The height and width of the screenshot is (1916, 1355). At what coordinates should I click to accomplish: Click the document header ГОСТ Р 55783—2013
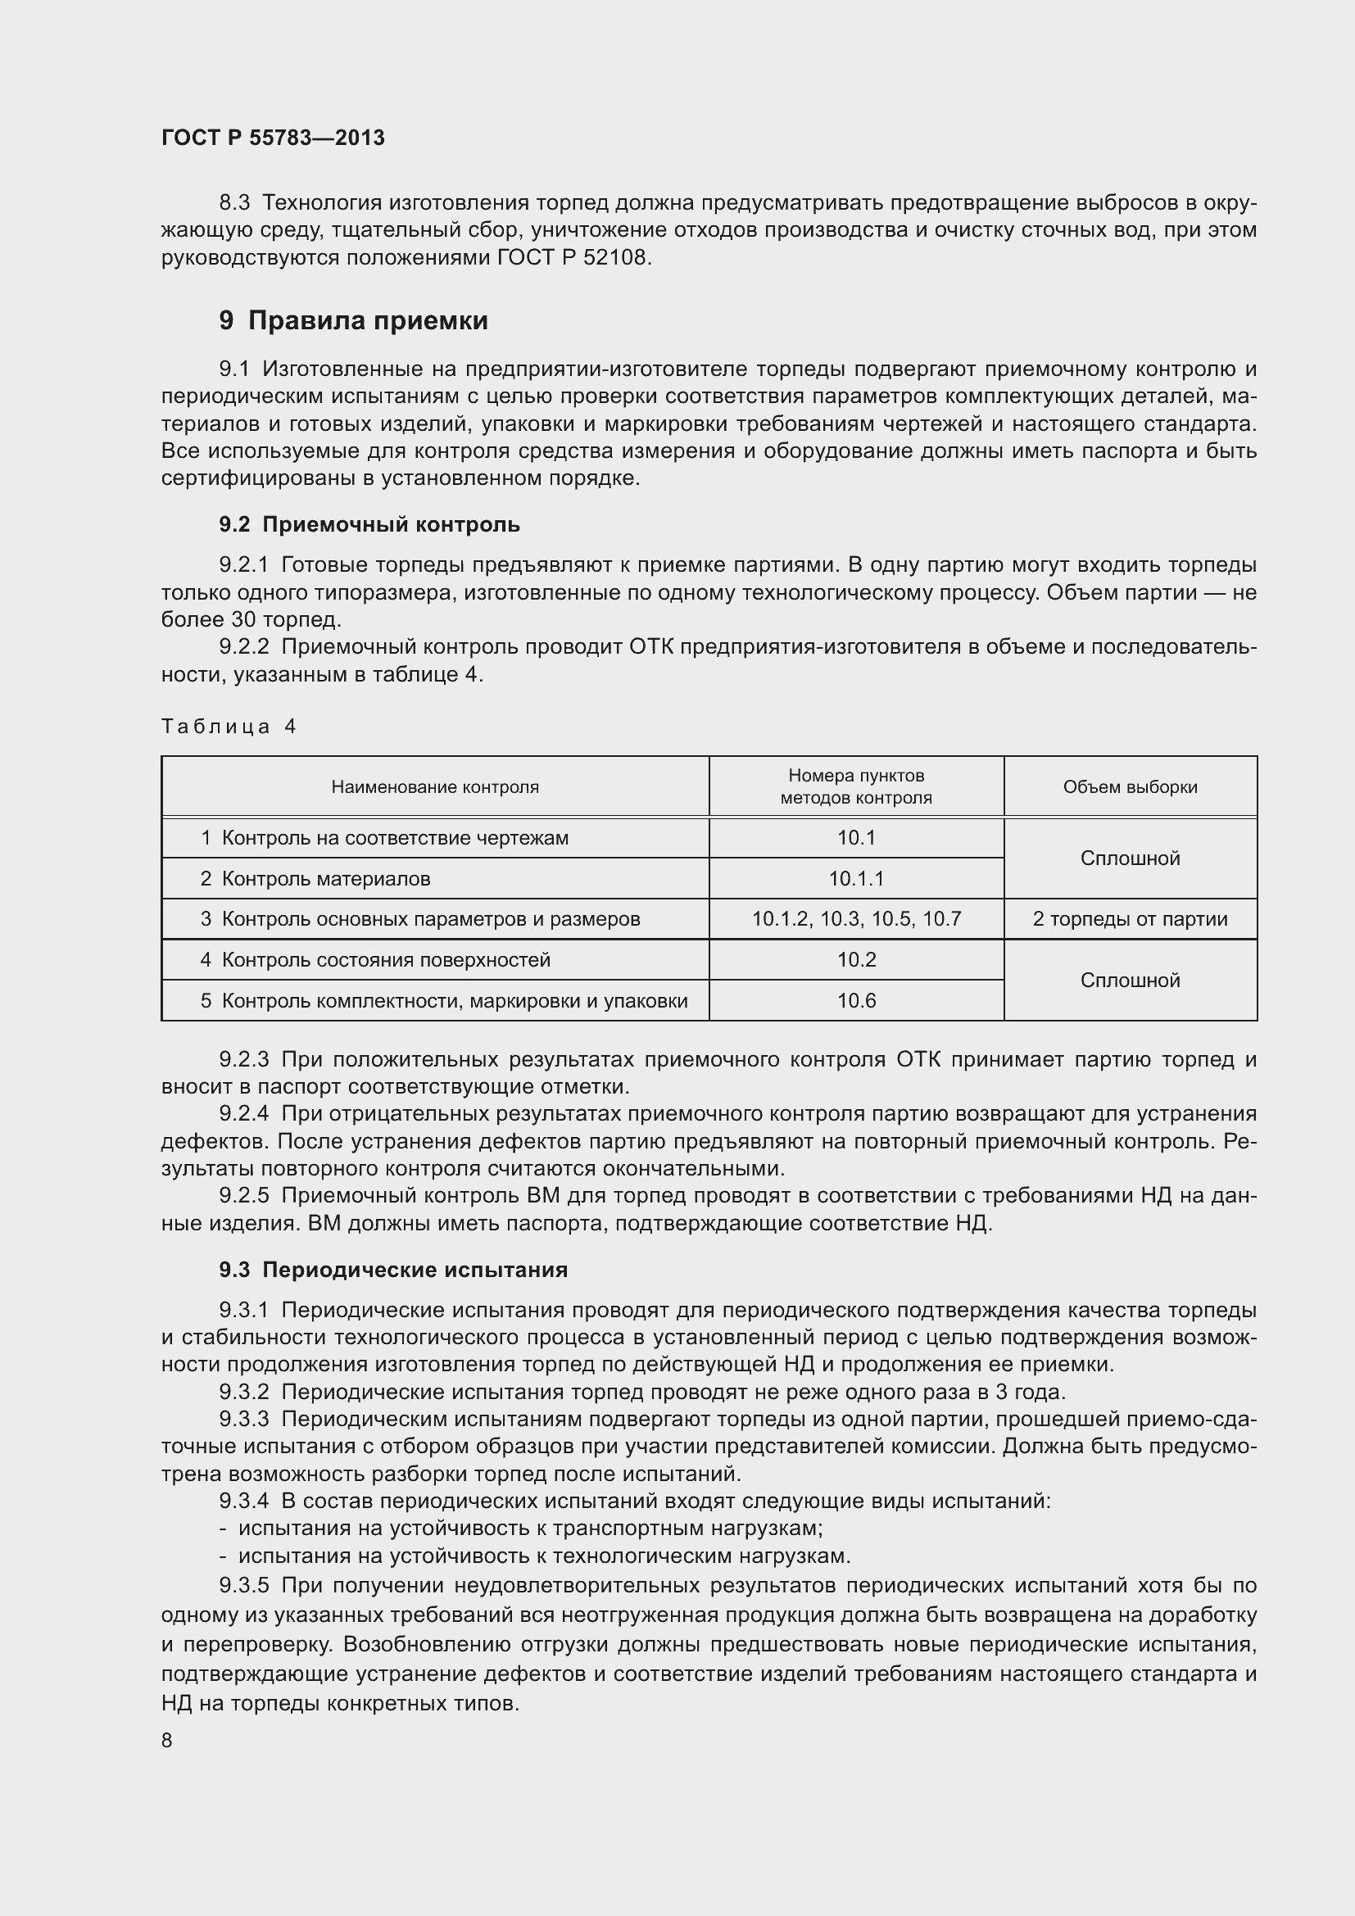273,138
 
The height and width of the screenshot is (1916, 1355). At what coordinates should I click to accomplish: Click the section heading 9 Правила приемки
353,320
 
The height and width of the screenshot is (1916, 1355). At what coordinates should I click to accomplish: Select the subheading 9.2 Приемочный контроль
369,524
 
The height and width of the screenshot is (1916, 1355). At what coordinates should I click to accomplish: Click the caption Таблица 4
229,726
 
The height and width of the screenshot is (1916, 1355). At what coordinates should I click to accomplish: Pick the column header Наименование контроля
435,787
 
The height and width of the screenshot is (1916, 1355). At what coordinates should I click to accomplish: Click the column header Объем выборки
1130,787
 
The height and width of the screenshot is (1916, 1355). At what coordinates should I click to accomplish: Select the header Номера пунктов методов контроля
856,787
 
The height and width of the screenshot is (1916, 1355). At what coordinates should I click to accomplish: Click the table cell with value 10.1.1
856,879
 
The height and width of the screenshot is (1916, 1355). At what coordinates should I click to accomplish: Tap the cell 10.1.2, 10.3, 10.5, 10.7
856,919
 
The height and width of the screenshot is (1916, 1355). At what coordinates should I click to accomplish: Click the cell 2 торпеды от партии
1130,919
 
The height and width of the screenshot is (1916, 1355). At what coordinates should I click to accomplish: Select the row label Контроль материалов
325,879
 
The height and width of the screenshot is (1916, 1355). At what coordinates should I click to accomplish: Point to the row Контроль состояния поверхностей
386,960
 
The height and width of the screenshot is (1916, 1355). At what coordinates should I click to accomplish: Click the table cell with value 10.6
856,1000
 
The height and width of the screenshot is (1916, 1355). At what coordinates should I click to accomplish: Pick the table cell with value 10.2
856,960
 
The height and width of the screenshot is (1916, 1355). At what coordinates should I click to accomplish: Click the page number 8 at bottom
167,1740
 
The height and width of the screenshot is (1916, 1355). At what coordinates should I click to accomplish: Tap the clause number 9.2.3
243,1059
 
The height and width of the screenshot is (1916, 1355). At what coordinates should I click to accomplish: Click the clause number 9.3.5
243,1585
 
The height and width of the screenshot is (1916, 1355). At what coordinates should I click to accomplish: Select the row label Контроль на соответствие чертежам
395,838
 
